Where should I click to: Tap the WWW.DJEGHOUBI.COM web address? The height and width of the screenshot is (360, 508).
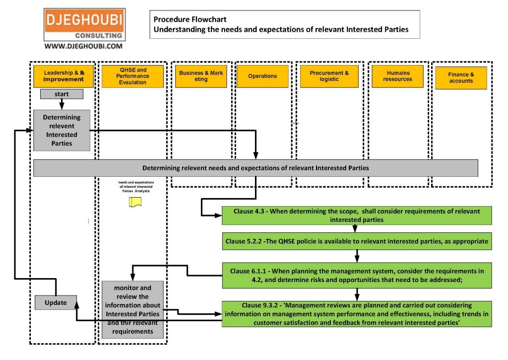[x=83, y=46]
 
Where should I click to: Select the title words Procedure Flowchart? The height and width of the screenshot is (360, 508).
[x=190, y=19]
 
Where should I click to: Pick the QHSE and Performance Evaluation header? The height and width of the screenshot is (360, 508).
[x=132, y=76]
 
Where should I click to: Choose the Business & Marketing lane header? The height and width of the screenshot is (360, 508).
[x=201, y=76]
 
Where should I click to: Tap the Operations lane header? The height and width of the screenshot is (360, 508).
[x=262, y=76]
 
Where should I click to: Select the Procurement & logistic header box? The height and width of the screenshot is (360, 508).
[x=329, y=76]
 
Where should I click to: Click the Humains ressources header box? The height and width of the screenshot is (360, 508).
[x=397, y=76]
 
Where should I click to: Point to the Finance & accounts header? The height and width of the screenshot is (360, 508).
[x=461, y=78]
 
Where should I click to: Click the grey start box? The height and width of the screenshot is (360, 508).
[x=62, y=94]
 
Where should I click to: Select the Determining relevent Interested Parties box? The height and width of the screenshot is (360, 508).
[x=62, y=130]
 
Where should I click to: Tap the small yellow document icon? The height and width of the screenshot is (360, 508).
[x=135, y=202]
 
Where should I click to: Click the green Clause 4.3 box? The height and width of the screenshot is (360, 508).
[x=356, y=215]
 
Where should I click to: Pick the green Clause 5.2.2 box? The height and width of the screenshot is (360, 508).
[x=356, y=241]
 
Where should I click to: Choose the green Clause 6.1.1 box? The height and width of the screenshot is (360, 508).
[x=356, y=275]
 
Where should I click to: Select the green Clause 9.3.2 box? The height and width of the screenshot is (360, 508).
[x=356, y=314]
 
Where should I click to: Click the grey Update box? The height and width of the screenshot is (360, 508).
[x=56, y=302]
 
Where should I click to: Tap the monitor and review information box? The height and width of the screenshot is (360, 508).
[x=132, y=309]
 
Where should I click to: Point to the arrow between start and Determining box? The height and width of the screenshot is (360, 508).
[x=62, y=104]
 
